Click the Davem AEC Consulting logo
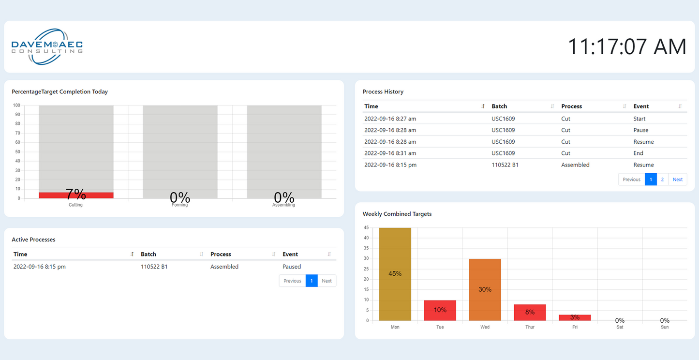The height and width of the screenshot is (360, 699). pos(47,46)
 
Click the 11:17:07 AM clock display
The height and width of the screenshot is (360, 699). pos(626,47)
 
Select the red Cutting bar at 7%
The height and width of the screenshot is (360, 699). pos(76,195)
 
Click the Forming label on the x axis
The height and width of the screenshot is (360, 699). pos(179,205)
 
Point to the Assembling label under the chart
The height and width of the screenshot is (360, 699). pos(283,205)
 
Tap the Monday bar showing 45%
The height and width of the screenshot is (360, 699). pos(395,274)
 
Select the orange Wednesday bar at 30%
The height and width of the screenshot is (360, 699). pos(485,289)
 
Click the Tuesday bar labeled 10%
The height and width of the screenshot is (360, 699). pos(440,310)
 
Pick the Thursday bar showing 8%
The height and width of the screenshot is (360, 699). pos(530,312)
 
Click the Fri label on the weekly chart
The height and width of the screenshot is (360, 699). pos(575,327)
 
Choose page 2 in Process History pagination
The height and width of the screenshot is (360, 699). pos(662,180)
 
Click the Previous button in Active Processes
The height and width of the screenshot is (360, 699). pos(292,281)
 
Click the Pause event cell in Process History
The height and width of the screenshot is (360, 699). pos(640,130)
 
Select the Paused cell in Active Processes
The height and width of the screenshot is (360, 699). pos(292,267)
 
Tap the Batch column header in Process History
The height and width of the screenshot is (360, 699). pos(499,106)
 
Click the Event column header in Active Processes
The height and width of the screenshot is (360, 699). pos(290,255)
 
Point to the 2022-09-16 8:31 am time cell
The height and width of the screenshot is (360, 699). pos(390,153)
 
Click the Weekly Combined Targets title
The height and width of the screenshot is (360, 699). pos(397,214)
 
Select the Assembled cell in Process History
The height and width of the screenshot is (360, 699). pos(575,165)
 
